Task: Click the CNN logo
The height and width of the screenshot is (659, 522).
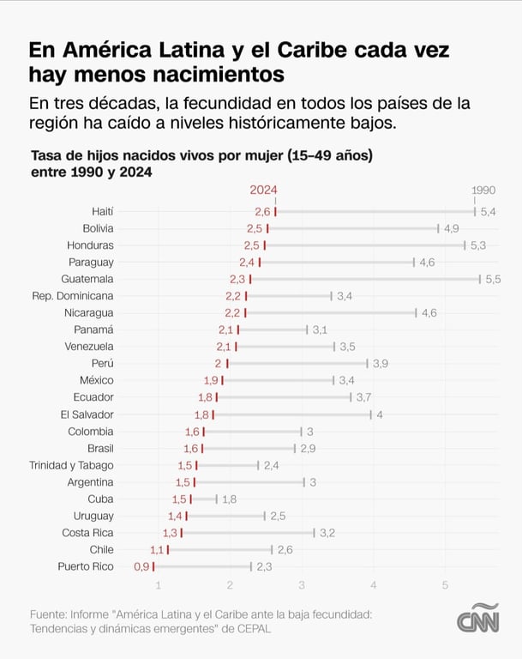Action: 477,619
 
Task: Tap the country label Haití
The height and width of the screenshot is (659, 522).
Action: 102,211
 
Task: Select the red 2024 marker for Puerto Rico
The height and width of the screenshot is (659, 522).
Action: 153,566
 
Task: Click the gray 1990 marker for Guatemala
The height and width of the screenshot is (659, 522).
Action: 480,279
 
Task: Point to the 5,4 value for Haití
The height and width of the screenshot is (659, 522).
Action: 489,211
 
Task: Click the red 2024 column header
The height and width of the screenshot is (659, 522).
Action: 263,190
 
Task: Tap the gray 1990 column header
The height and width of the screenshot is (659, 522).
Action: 483,190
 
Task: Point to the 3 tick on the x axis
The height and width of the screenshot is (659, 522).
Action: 302,585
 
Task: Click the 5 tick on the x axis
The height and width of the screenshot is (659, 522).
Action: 445,585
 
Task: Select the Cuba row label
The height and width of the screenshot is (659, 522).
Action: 100,499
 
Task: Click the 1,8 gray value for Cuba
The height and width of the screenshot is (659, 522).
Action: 229,499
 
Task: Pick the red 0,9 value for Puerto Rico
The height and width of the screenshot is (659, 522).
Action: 141,566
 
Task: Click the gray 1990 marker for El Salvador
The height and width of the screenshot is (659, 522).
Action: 371,414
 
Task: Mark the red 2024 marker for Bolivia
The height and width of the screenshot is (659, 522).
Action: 267,228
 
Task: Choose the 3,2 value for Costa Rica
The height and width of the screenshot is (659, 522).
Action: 327,533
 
